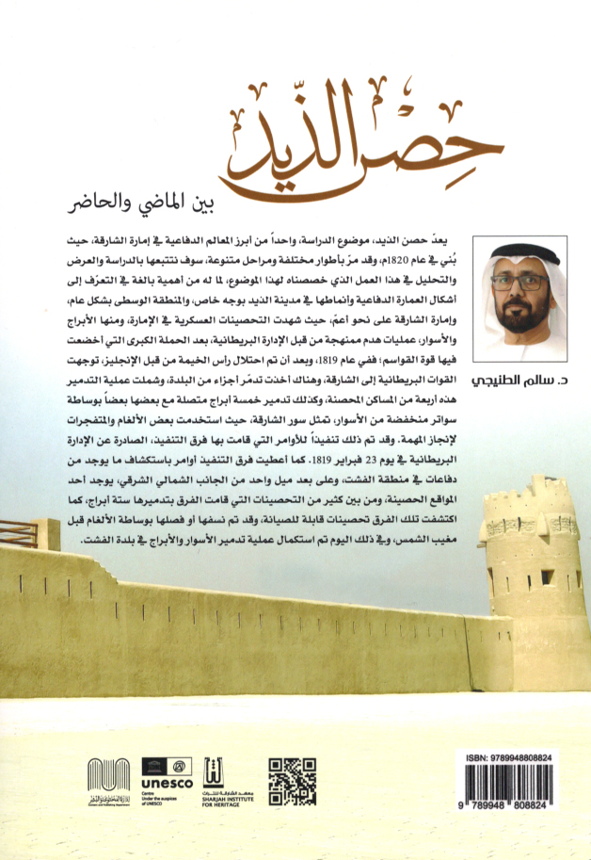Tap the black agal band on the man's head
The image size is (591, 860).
[x=522, y=252]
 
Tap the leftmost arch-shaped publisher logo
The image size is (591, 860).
[x=108, y=779]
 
